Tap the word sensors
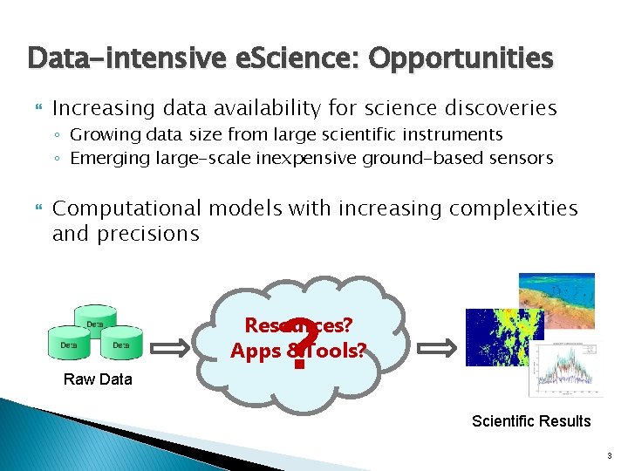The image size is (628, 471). [521, 158]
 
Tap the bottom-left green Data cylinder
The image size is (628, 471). [69, 343]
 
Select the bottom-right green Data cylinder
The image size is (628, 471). [120, 343]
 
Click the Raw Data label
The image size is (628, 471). [98, 379]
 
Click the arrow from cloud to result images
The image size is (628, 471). [436, 349]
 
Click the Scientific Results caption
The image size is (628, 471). [531, 421]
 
